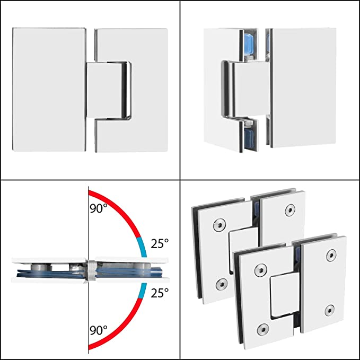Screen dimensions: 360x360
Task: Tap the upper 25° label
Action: [x=159, y=243]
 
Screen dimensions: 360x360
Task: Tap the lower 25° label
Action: [x=159, y=292]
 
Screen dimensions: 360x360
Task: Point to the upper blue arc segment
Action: [x=140, y=244]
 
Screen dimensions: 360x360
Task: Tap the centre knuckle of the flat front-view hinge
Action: [x=109, y=90]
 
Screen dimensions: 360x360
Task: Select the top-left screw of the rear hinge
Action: [x=218, y=226]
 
